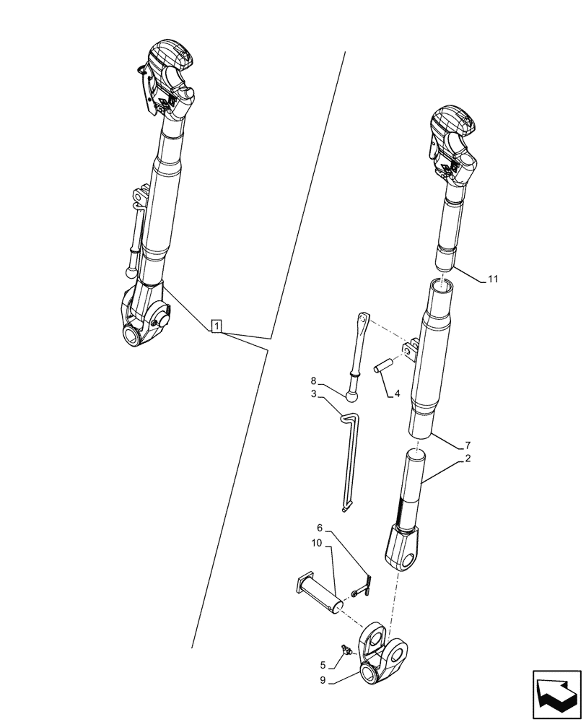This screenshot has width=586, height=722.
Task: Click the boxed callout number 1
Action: (x=217, y=326)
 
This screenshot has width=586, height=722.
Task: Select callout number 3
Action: (x=314, y=394)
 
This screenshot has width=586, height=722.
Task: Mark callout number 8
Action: (x=314, y=380)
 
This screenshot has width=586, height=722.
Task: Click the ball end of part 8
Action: (x=352, y=395)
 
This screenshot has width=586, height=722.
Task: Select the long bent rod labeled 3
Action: (x=348, y=462)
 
